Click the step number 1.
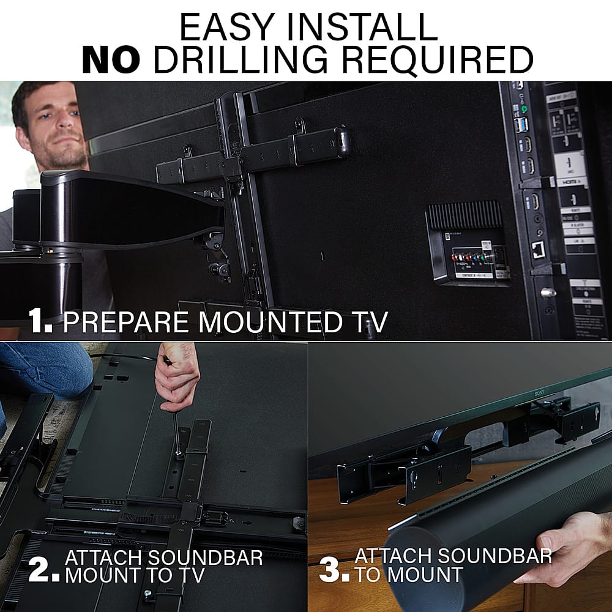40,321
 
